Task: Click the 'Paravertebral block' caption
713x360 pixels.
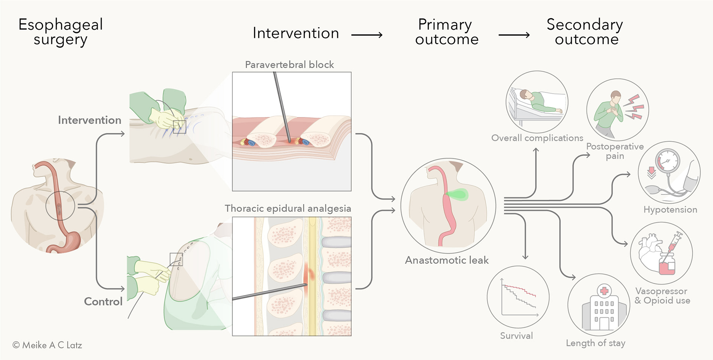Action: [289, 65]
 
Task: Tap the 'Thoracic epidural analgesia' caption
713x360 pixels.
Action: [288, 208]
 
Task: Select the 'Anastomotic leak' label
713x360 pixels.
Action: [447, 260]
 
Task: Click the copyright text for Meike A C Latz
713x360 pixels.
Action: [47, 345]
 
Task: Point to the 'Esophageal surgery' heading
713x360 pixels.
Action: [61, 32]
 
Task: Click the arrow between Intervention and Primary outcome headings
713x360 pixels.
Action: [367, 35]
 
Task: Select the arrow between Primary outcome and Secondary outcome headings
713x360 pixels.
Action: [514, 35]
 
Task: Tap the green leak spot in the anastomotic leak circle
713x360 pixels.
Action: [458, 195]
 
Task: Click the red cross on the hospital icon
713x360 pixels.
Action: [604, 291]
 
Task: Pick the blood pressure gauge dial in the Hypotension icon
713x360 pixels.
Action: [667, 161]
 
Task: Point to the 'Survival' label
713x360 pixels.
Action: [516, 336]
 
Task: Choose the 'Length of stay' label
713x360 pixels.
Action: [596, 343]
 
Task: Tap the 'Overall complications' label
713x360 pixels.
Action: [537, 138]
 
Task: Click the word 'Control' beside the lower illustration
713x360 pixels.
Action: [103, 301]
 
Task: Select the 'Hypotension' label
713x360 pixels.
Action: [670, 210]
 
